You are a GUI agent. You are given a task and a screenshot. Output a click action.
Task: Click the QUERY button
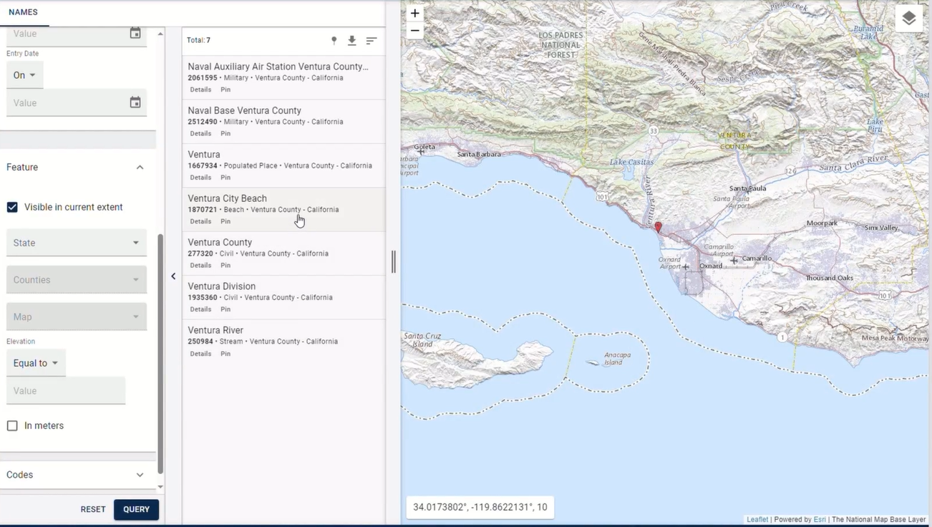(136, 509)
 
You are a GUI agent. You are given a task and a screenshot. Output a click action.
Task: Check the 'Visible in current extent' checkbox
(12, 207)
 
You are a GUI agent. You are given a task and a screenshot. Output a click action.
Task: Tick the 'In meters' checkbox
(12, 425)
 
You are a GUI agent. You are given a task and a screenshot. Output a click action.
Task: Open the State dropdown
(76, 243)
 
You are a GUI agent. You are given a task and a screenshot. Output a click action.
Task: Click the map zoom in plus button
(414, 14)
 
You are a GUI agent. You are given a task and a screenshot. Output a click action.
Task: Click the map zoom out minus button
(414, 31)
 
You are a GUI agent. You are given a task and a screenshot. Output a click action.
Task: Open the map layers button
(908, 19)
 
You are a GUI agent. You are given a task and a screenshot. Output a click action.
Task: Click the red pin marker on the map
(658, 227)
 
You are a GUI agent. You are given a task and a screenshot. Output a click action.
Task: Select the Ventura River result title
(215, 330)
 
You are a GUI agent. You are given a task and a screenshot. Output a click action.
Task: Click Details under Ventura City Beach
(200, 221)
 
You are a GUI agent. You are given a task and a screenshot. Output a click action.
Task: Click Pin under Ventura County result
(225, 265)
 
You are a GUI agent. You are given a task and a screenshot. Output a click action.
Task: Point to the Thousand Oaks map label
(829, 278)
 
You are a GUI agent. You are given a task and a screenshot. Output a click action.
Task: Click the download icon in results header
(352, 41)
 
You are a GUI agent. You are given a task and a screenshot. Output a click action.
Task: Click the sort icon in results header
(371, 41)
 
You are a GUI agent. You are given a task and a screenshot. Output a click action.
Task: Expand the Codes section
(75, 475)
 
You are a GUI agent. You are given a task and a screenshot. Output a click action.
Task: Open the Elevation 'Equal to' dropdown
(36, 363)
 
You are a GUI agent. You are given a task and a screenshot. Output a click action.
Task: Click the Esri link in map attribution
(819, 520)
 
